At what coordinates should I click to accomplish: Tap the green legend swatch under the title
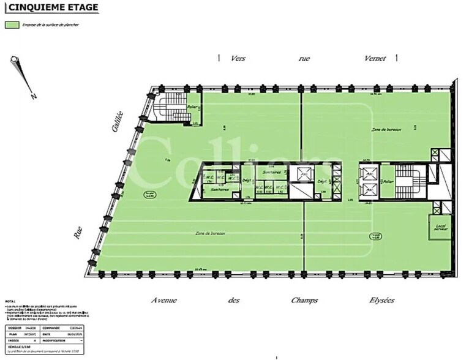pos(12,25)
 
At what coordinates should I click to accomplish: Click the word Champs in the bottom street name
pos(304,300)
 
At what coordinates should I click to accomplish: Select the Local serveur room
pos(440,227)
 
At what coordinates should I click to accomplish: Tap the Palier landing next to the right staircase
pos(387,182)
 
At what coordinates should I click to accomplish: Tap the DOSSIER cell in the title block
pos(14,328)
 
